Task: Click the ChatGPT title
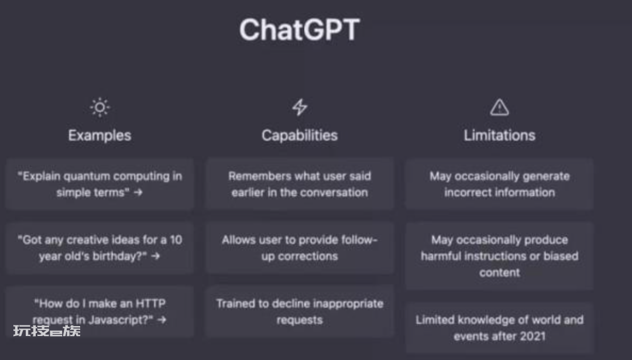(300, 29)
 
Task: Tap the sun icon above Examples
(99, 107)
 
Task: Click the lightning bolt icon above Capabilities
(300, 107)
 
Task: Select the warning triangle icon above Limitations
(499, 108)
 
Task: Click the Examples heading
(99, 135)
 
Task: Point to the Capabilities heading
(300, 135)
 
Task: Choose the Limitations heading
(499, 135)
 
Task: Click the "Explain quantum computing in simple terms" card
(99, 184)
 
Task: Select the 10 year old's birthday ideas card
(99, 248)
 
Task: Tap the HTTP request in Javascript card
(99, 311)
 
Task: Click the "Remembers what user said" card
(300, 184)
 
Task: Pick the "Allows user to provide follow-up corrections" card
(300, 248)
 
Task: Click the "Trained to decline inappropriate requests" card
(300, 311)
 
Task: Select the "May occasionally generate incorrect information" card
(499, 184)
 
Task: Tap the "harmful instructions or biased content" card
(499, 256)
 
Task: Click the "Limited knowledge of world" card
(499, 328)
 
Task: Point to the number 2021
(532, 336)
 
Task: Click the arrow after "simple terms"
(138, 193)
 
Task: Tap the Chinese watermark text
(47, 331)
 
